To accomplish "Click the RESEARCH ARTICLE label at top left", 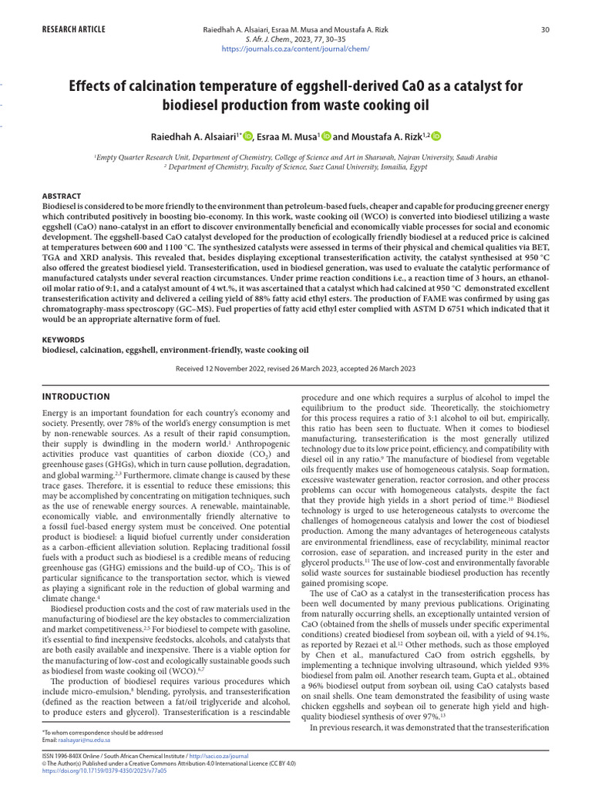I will tap(73, 29).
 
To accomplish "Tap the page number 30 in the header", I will tap(545, 29).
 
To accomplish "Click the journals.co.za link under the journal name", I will tap(295, 49).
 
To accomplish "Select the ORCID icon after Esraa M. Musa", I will tap(326, 136).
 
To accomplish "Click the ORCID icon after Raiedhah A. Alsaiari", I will tap(247, 136).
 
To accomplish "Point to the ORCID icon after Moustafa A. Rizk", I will tap(436, 136).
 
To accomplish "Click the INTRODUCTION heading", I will tap(76, 397).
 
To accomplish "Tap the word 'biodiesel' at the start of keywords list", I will tap(60, 350).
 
